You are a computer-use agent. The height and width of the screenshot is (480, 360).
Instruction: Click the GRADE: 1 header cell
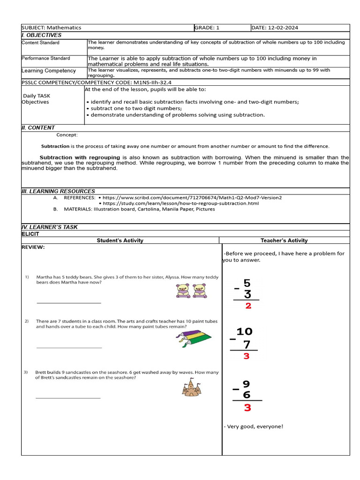207,28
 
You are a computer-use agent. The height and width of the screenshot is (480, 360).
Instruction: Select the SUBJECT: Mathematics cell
52,28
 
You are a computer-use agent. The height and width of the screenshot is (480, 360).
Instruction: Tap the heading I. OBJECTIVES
42,35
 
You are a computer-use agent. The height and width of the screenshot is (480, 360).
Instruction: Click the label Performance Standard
46,58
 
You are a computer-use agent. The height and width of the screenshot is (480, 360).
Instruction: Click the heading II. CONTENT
38,127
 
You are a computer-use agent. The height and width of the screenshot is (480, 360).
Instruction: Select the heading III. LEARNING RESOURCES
59,191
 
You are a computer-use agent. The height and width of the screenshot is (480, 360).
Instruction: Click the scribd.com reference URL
192,198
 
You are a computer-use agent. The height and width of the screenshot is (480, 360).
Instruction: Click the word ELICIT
30,233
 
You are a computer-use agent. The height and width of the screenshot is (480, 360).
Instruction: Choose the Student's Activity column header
120,240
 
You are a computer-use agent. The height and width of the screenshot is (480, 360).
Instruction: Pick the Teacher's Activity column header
284,240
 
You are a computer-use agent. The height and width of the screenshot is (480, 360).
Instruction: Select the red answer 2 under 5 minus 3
248,306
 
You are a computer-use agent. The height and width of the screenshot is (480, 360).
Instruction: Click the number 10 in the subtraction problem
244,332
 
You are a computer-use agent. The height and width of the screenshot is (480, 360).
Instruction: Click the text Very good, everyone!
254,426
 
